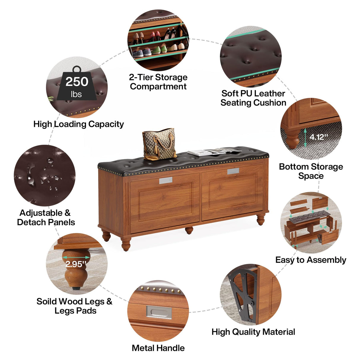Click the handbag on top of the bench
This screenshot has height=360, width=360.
(x=159, y=144)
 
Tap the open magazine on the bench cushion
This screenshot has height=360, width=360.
(x=214, y=152)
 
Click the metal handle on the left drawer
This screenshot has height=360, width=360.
(x=166, y=180)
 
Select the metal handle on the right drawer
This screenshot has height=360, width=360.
(x=233, y=171)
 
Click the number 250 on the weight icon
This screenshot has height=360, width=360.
(x=77, y=82)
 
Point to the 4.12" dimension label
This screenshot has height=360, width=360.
(x=319, y=137)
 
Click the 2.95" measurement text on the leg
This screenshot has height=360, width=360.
(x=76, y=264)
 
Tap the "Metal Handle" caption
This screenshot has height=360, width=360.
(x=158, y=348)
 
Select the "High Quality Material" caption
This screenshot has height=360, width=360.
(x=253, y=332)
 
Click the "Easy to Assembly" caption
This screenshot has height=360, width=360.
(x=311, y=260)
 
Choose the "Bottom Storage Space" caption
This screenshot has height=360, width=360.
(x=311, y=171)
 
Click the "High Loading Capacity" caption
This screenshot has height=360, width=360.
(x=79, y=124)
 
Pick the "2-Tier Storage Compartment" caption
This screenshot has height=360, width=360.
(x=158, y=82)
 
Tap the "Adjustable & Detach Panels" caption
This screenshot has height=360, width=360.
(x=46, y=217)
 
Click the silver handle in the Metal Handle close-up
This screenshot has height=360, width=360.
(x=159, y=312)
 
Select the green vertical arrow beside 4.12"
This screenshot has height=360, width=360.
(x=305, y=138)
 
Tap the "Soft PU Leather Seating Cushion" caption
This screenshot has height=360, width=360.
(x=253, y=98)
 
